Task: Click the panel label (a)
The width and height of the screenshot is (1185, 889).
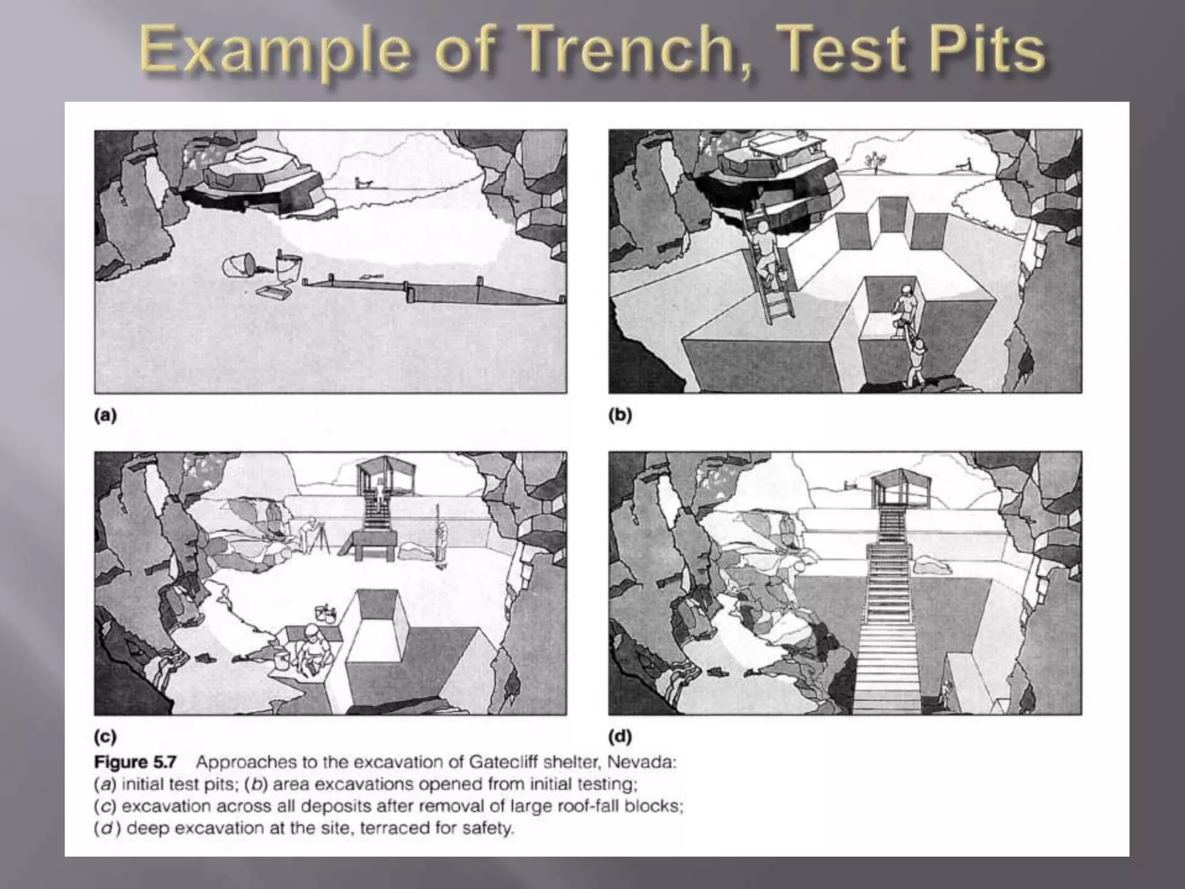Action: [105, 415]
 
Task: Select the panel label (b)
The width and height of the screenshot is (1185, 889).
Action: [620, 415]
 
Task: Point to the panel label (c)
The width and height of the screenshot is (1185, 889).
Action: [105, 737]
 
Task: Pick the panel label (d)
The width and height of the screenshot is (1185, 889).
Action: [620, 737]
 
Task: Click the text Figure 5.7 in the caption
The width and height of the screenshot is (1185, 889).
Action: [135, 762]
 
